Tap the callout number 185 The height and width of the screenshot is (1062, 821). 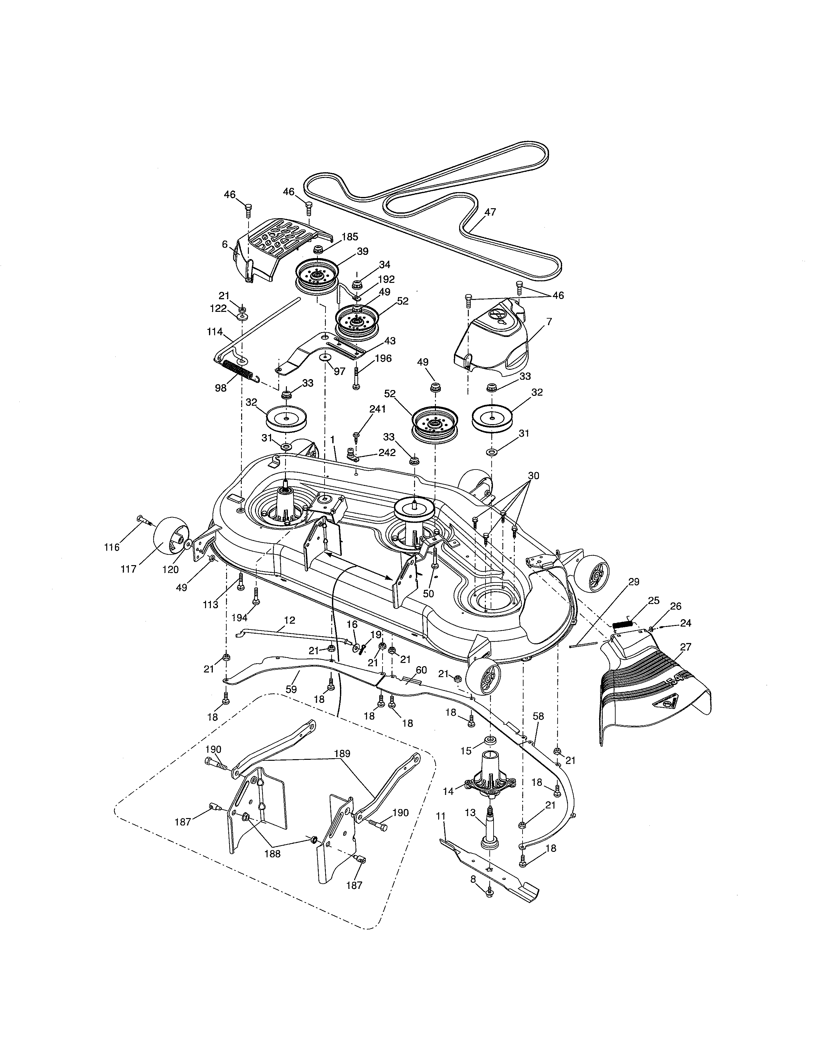(x=350, y=237)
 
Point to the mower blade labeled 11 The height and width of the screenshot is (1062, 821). (x=491, y=871)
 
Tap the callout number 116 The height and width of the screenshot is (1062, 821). (x=112, y=547)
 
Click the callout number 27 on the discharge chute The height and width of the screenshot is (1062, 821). (x=686, y=647)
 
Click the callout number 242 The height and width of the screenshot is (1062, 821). (x=387, y=452)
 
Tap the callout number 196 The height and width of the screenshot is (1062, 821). (x=383, y=359)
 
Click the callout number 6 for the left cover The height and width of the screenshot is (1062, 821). (x=225, y=244)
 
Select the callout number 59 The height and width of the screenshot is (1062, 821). (x=291, y=689)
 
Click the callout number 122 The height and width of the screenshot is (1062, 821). (x=218, y=308)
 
